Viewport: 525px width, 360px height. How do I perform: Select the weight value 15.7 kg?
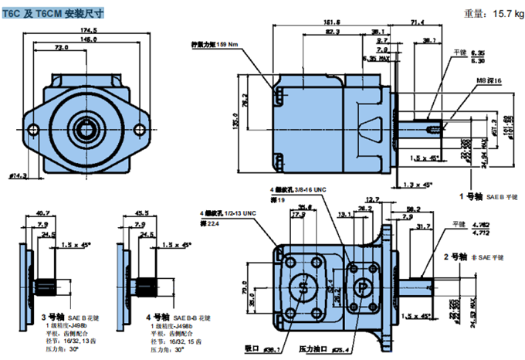click(x=498, y=13)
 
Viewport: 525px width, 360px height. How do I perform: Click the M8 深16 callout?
click(x=488, y=81)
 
